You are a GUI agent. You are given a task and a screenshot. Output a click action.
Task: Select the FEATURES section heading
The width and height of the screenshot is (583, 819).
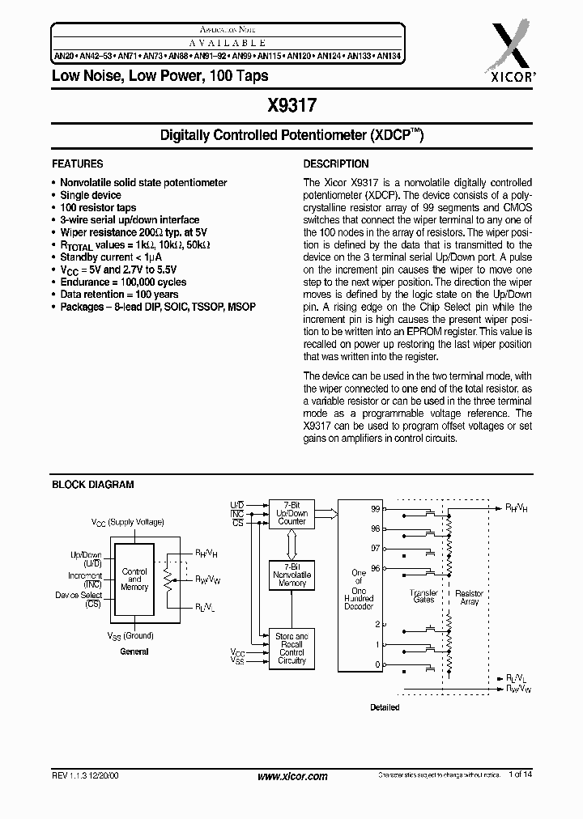[78, 163]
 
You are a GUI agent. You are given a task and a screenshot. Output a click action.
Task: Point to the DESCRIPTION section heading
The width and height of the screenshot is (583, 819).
[336, 163]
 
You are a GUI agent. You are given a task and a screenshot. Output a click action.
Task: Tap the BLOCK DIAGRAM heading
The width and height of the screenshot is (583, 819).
[93, 485]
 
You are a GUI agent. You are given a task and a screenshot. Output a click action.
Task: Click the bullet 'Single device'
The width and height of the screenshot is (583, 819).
[91, 195]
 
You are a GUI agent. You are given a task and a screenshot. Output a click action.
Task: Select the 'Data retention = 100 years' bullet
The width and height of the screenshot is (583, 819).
[119, 295]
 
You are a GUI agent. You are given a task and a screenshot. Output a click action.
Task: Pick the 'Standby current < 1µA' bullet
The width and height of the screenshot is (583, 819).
[110, 257]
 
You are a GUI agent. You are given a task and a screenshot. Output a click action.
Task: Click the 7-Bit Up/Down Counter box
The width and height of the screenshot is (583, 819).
[291, 513]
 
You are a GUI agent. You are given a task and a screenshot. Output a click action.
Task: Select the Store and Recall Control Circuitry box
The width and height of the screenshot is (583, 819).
[291, 649]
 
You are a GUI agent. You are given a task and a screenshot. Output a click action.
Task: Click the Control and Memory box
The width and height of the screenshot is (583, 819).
[134, 579]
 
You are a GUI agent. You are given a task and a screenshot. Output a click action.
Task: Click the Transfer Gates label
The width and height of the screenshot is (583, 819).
[423, 596]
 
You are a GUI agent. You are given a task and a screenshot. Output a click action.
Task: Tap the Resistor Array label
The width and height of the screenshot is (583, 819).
[469, 597]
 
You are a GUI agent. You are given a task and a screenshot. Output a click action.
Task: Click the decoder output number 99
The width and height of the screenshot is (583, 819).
[376, 509]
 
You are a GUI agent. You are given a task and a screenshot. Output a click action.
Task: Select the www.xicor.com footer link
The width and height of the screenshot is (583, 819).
[292, 776]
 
